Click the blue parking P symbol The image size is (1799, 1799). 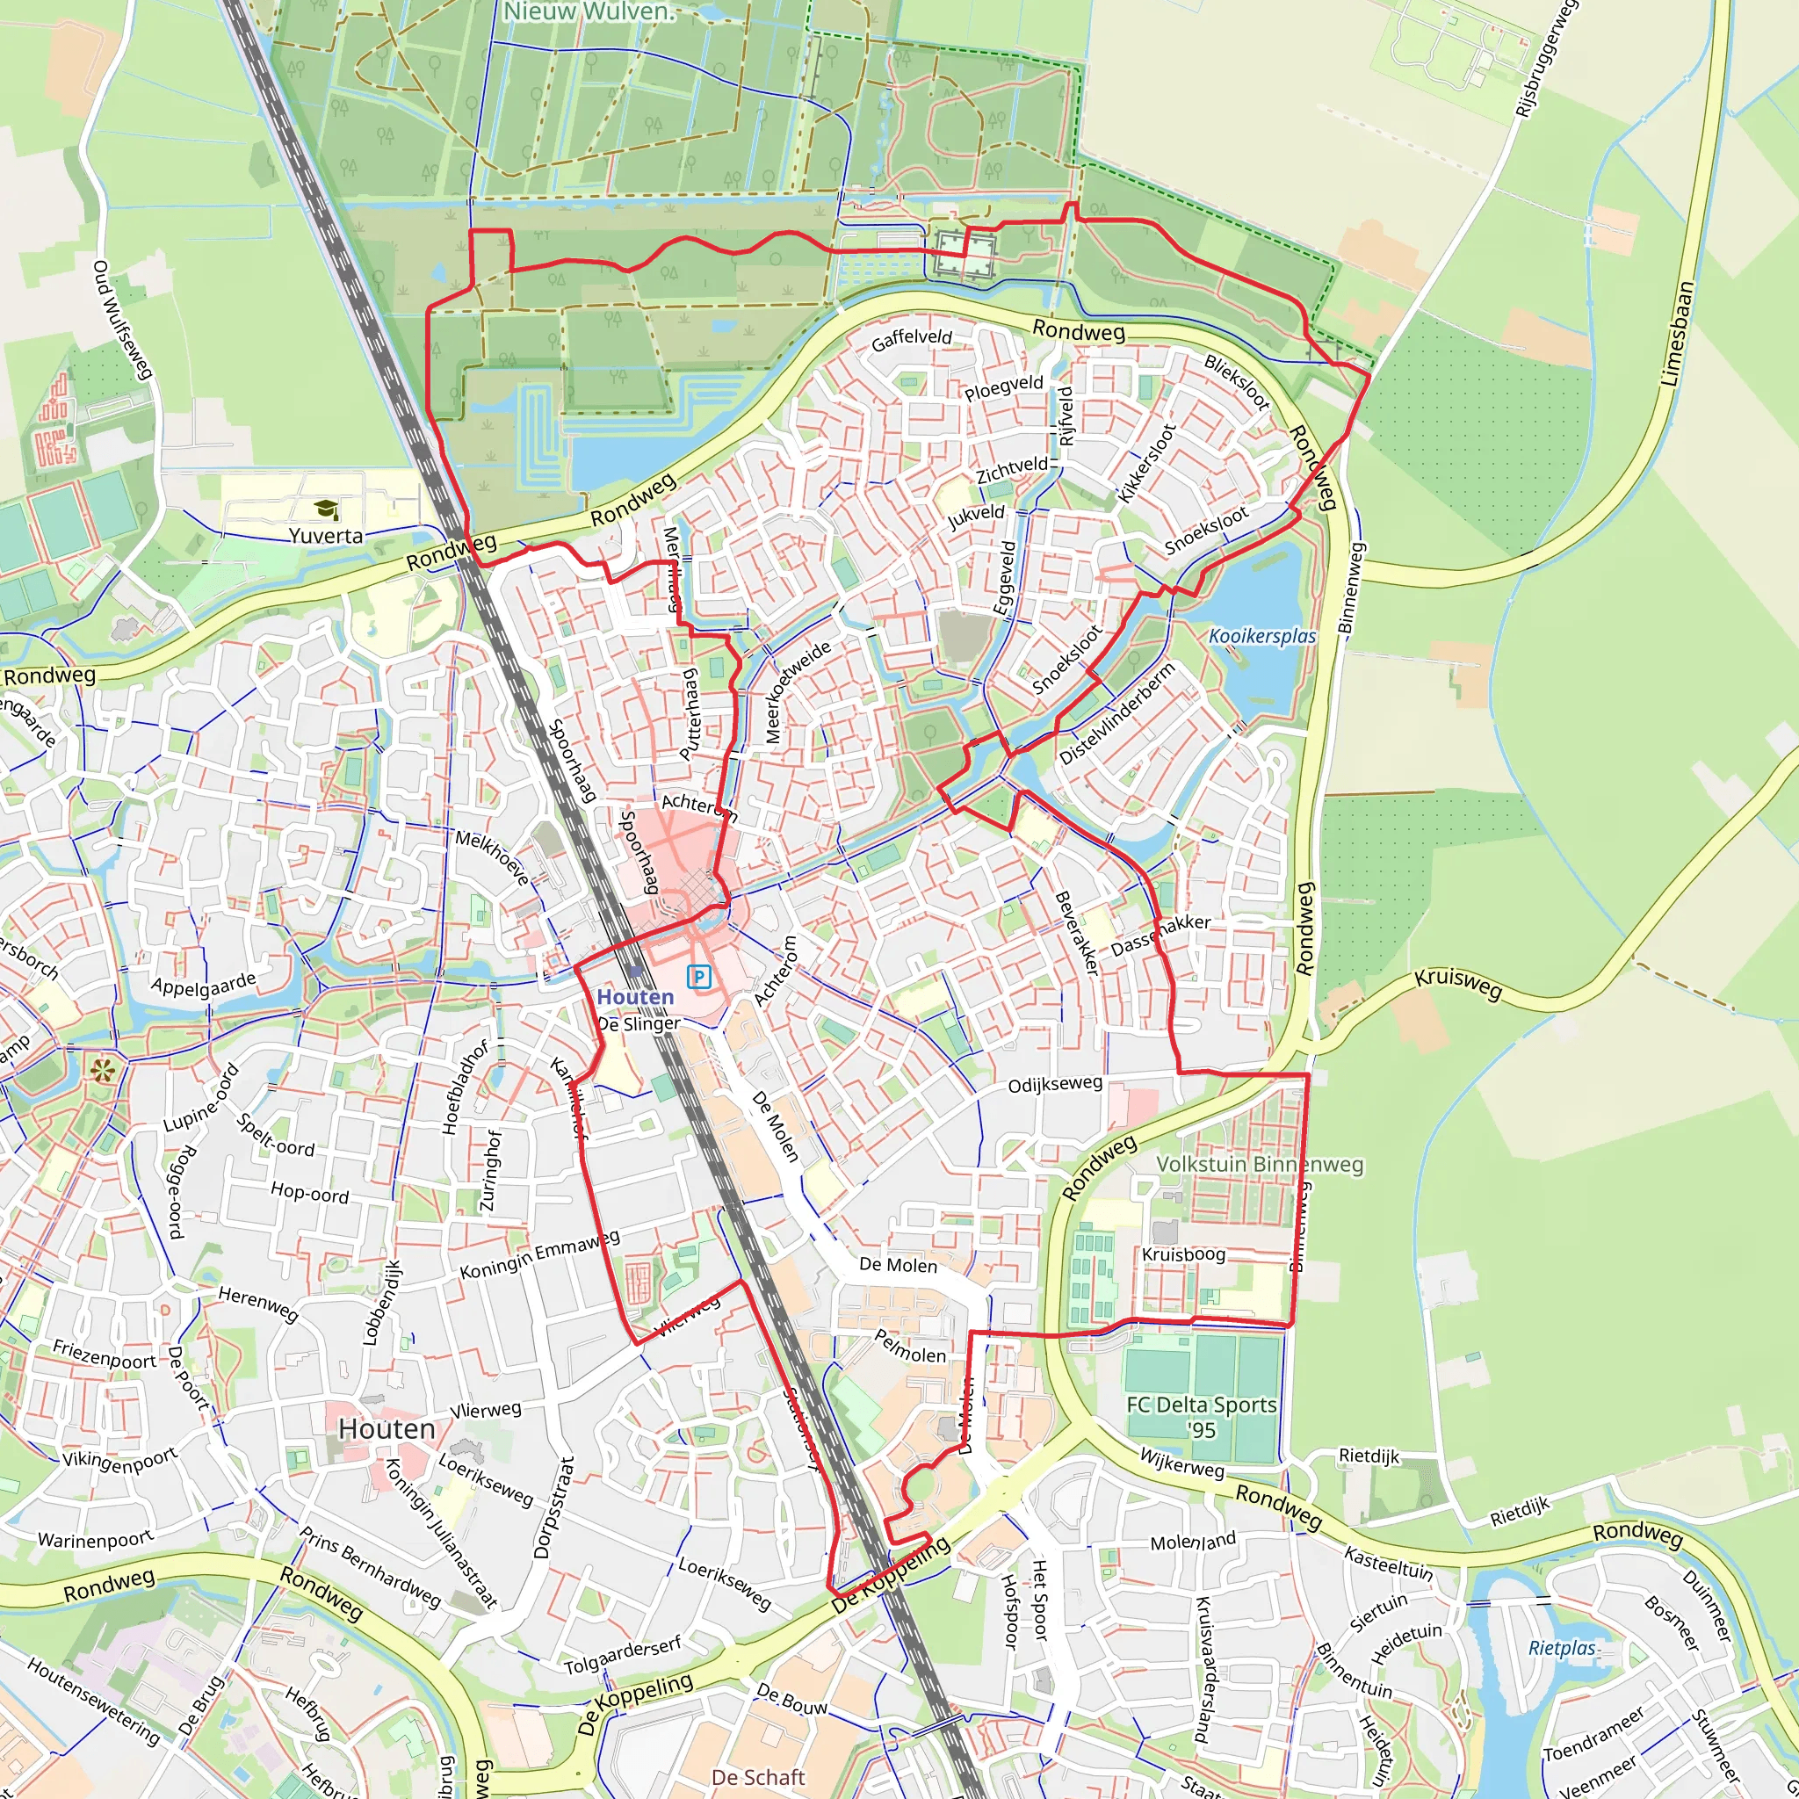698,976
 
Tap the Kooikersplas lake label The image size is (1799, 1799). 1261,636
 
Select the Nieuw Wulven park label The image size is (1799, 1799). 588,12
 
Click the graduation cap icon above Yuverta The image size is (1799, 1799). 325,509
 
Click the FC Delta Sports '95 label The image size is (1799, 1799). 1201,1416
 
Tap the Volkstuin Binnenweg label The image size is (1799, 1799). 1259,1164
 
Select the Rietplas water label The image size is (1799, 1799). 1563,1648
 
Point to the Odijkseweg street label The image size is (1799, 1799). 1055,1084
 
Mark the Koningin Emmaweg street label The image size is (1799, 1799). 540,1254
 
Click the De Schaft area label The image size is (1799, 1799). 757,1777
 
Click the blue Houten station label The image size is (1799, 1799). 635,996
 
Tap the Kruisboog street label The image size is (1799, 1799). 1183,1254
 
